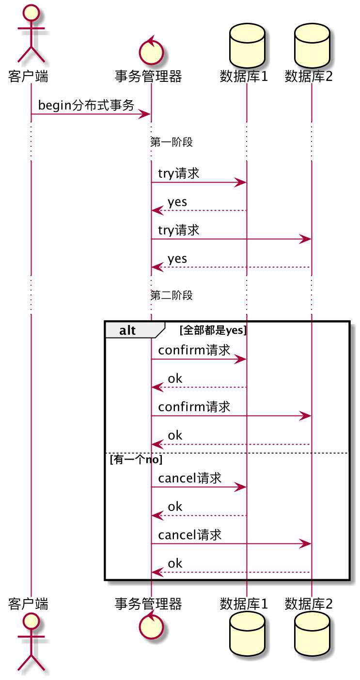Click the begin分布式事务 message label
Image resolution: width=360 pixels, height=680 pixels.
pos(86,105)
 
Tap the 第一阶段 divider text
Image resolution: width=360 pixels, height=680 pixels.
pos(172,142)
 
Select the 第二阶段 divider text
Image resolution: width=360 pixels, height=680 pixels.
pos(172,295)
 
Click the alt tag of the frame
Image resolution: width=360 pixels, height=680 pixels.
pos(127,331)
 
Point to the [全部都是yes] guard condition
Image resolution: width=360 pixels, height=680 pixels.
pos(213,331)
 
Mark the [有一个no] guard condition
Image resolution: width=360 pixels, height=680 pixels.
pos(136,460)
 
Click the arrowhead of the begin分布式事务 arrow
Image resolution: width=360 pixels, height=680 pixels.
pos(145,114)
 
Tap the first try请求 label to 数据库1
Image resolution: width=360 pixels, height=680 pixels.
pos(178,173)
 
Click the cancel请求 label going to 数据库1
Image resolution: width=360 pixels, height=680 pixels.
pos(190,478)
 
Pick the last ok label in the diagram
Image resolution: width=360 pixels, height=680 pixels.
pos(175,563)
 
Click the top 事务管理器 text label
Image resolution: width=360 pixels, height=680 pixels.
pos(148,76)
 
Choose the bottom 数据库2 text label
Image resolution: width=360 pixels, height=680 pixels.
pos(309,603)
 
